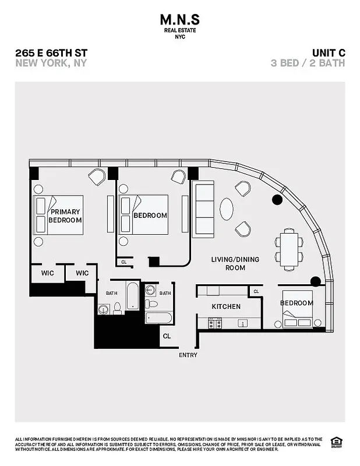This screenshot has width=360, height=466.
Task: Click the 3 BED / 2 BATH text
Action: point(308,63)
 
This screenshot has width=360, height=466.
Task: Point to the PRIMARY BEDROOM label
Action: point(65,216)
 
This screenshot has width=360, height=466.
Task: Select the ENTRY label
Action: point(188,355)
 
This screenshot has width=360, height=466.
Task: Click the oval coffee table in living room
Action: point(227,209)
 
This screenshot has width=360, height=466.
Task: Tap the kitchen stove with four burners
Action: point(215,322)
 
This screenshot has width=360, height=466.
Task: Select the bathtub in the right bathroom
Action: point(158,318)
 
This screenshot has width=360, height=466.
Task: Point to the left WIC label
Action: point(48,273)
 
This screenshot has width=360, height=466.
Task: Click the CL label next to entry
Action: point(167,336)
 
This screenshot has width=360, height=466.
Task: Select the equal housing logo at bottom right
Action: point(336,441)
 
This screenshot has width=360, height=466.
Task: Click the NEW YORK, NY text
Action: point(51,63)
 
